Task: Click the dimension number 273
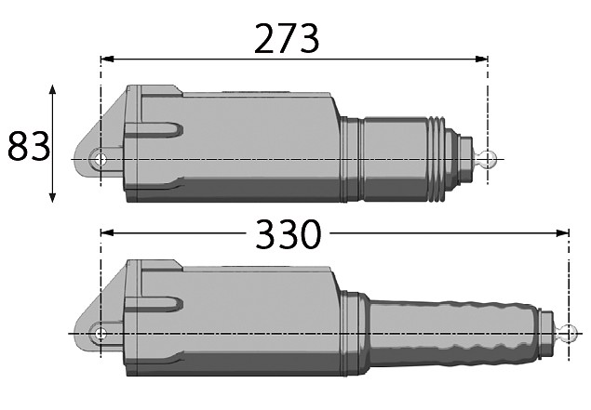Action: pos(287,38)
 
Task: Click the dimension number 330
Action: pos(289,234)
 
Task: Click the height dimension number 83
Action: pos(29,146)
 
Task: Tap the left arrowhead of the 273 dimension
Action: pos(107,60)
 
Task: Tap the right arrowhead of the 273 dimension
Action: pos(481,60)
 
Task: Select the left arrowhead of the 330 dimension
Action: pos(107,233)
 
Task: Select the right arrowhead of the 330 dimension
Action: pos(562,233)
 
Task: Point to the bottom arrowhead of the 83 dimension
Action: pos(53,196)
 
